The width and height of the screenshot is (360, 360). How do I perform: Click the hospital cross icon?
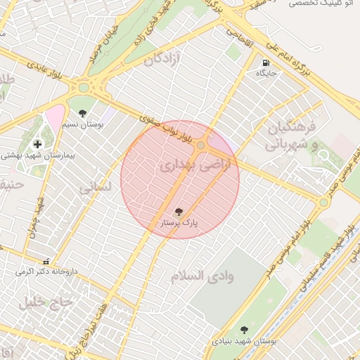coord(37,144)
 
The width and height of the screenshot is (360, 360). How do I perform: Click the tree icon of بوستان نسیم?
coord(82,112)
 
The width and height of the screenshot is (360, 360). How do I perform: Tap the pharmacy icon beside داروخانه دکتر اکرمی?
coord(46,260)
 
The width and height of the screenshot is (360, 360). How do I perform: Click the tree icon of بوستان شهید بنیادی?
coord(244,329)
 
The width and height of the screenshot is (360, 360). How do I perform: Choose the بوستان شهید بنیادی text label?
coord(245,340)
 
